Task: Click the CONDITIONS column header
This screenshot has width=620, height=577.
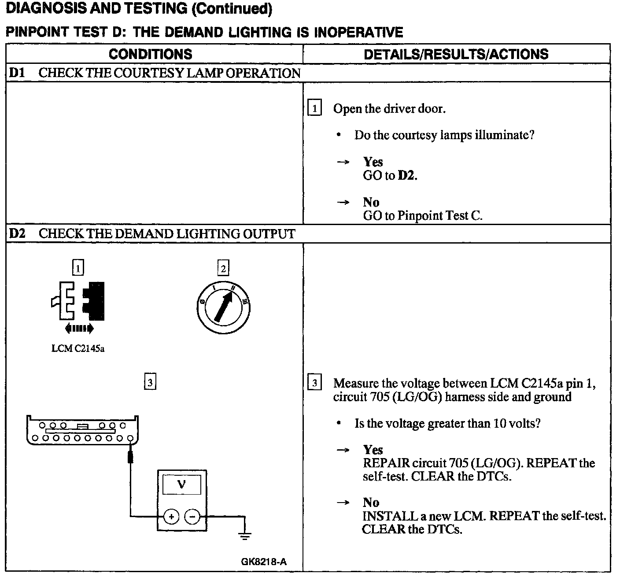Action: (x=150, y=54)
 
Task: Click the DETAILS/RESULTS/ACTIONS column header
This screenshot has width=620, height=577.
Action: (x=456, y=54)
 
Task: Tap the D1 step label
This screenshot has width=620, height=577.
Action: (x=17, y=73)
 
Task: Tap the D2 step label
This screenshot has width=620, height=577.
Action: (x=17, y=233)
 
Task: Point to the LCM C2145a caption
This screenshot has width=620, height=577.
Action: (x=78, y=349)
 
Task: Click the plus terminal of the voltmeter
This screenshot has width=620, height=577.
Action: (x=171, y=516)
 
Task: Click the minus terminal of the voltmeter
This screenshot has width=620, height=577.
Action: (x=192, y=516)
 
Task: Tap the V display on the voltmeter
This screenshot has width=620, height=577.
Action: (x=181, y=485)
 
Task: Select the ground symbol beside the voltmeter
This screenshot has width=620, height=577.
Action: (x=245, y=536)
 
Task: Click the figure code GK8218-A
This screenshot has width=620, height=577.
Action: (x=264, y=562)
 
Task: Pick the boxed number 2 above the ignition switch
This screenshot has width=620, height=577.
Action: (x=223, y=268)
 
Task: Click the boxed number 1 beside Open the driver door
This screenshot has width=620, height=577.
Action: (x=314, y=108)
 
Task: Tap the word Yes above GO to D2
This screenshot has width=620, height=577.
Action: (x=373, y=162)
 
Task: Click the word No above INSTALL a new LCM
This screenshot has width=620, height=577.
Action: (x=371, y=503)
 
